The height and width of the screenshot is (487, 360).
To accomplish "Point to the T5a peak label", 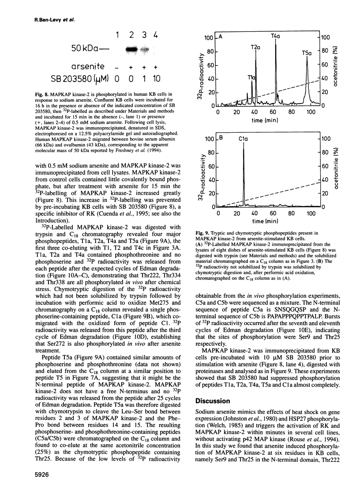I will click(x=307, y=52).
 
